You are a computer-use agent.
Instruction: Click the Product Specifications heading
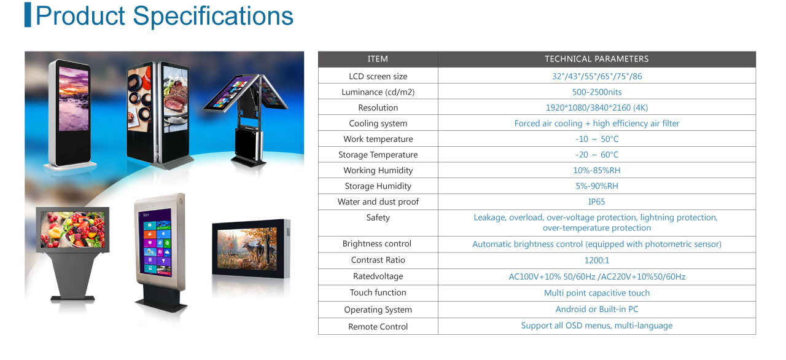pyautogui.click(x=164, y=16)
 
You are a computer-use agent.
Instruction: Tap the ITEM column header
pyautogui.click(x=378, y=59)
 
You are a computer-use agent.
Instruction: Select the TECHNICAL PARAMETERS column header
pyautogui.click(x=596, y=59)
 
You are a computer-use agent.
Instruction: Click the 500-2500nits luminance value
pyautogui.click(x=596, y=92)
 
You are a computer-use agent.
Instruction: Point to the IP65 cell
pyautogui.click(x=596, y=202)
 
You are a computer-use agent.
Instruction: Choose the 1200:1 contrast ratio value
pyautogui.click(x=596, y=260)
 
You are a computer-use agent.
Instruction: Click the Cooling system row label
pyautogui.click(x=378, y=123)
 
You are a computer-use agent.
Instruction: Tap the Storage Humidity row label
pyautogui.click(x=378, y=186)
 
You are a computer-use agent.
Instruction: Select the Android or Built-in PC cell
pyautogui.click(x=596, y=309)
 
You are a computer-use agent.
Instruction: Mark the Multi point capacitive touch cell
pyautogui.click(x=596, y=293)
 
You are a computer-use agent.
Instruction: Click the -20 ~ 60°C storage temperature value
pyautogui.click(x=596, y=155)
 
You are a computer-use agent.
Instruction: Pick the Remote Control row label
pyautogui.click(x=378, y=327)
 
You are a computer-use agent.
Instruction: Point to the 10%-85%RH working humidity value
pyautogui.click(x=596, y=171)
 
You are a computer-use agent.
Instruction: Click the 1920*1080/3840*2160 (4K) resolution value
pyautogui.click(x=596, y=108)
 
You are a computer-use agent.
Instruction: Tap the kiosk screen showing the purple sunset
pyautogui.click(x=73, y=99)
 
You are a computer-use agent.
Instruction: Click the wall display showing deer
pyautogui.click(x=247, y=249)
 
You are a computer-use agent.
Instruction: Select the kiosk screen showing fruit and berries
pyautogui.click(x=72, y=230)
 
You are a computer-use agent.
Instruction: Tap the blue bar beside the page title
pyautogui.click(x=28, y=15)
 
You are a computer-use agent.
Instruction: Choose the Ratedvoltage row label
pyautogui.click(x=378, y=276)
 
